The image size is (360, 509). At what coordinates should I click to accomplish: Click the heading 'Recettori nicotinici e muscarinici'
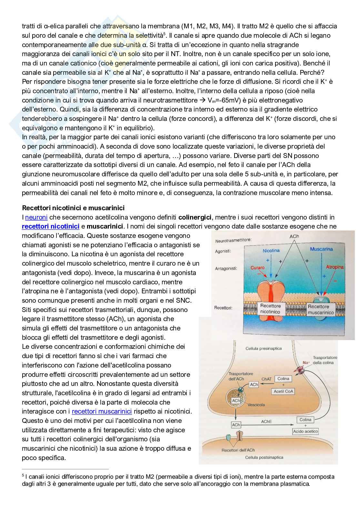73,208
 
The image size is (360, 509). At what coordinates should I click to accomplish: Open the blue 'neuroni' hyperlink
36,217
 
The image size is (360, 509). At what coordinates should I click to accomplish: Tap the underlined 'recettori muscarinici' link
102,411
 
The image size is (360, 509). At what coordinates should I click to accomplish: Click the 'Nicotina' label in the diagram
271,250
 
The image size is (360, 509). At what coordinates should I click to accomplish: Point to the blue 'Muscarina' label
321,249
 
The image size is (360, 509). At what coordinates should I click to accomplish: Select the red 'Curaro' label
257,268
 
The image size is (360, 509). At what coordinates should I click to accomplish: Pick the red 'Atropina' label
335,267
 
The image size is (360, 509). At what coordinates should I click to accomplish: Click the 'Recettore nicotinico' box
270,309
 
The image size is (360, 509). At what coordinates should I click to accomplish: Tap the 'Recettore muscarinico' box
321,309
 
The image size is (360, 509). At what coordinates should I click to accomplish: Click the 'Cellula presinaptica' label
264,348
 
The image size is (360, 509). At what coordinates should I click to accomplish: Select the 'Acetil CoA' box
284,391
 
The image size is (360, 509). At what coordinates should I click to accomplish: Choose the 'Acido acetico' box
305,431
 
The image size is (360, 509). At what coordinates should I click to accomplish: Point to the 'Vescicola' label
257,405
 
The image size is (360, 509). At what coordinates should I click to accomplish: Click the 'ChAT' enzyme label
266,379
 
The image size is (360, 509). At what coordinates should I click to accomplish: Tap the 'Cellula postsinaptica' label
264,457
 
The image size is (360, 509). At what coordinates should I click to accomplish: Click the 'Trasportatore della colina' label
325,360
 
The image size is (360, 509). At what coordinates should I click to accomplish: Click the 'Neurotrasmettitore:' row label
233,240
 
